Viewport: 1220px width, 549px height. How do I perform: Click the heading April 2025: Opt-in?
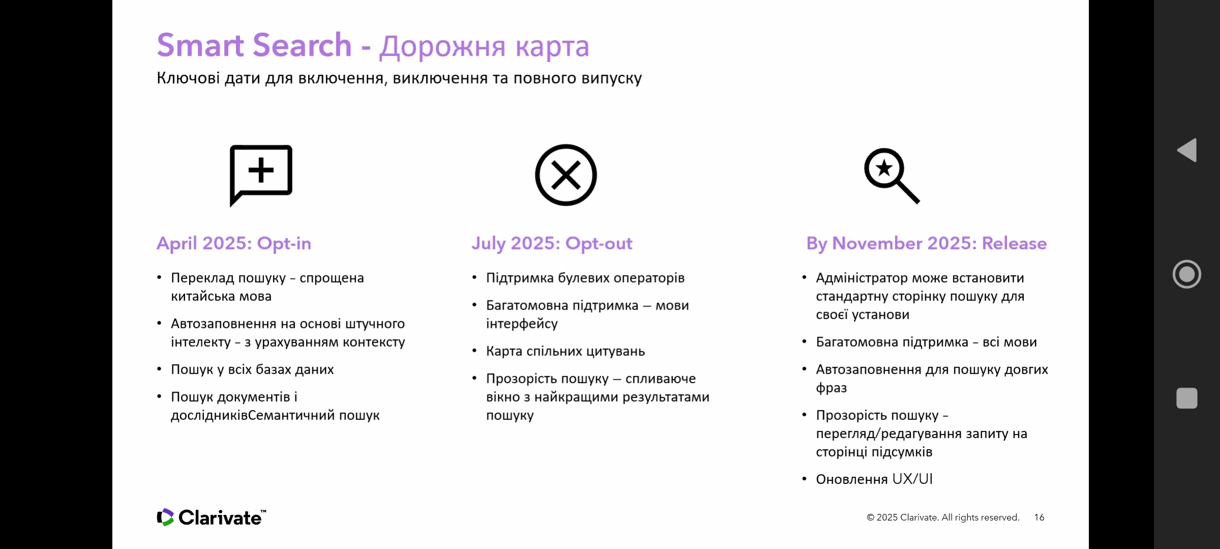[234, 243]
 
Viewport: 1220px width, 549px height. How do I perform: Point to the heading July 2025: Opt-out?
[552, 243]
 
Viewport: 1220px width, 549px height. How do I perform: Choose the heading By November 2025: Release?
[926, 243]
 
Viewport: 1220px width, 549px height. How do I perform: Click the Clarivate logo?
[211, 517]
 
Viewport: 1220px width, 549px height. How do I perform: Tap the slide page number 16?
[1039, 517]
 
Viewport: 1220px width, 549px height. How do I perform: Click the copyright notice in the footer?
[943, 517]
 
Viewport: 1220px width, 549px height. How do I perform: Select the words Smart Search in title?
[254, 45]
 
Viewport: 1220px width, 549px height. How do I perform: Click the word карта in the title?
[552, 47]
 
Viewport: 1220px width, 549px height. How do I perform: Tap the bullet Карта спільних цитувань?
[565, 351]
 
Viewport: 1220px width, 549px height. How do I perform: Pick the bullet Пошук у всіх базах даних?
[252, 370]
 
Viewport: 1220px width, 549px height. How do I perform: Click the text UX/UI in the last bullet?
[912, 479]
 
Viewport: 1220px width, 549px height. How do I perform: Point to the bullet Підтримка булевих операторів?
[585, 278]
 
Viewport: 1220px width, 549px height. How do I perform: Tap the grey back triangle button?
[1188, 150]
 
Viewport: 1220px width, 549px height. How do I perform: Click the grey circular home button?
[1187, 274]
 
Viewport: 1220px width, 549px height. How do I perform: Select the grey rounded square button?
[1187, 398]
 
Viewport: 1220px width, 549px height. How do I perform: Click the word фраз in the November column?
[832, 388]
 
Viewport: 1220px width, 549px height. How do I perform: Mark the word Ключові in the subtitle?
[188, 78]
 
